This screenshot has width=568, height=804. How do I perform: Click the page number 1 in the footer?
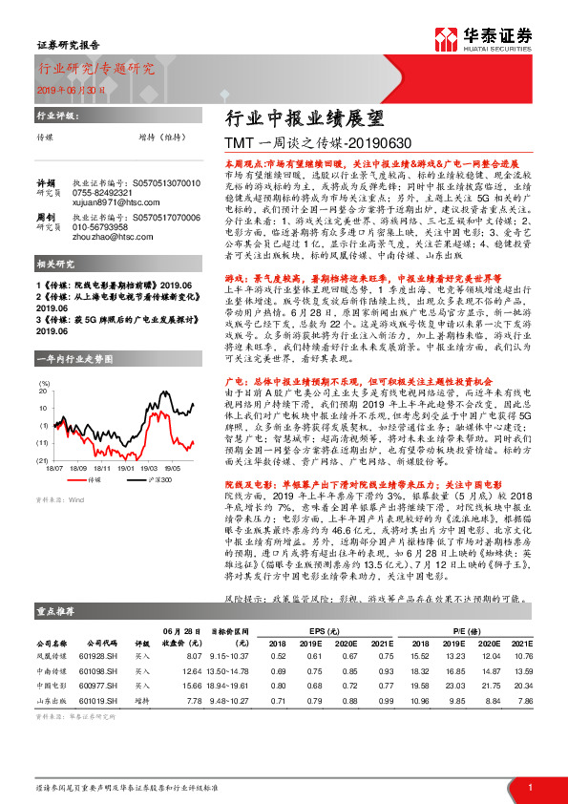tap(529, 787)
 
